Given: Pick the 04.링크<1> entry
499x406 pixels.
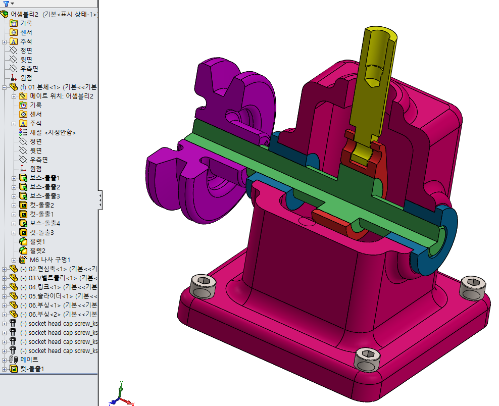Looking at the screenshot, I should tap(56, 287).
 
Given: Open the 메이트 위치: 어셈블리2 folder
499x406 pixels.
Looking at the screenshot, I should tap(61, 96).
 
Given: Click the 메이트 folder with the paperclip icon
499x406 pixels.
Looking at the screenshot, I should tap(29, 360).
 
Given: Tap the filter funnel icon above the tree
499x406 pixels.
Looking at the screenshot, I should tap(6, 4).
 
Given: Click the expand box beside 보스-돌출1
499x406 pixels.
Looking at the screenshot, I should tap(14, 178).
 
